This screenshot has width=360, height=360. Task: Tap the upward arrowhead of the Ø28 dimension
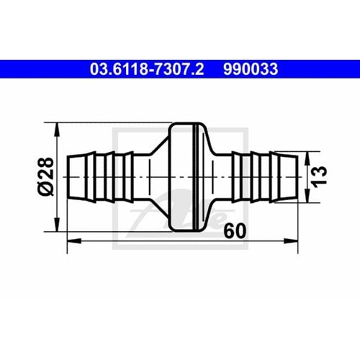click(x=57, y=127)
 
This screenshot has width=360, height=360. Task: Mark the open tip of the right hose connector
click(x=297, y=176)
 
